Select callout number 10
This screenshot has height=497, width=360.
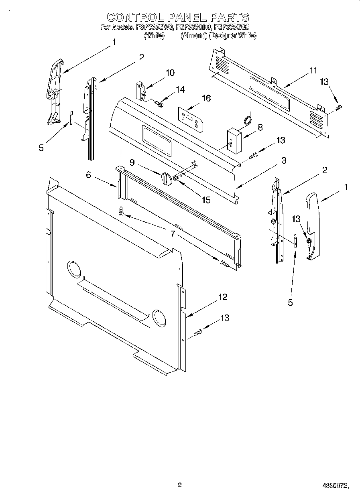170,73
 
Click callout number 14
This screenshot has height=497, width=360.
180,90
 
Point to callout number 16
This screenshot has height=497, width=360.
206,98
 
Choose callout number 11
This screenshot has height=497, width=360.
313,71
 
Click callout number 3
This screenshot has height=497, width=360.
283,161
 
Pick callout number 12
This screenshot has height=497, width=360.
222,297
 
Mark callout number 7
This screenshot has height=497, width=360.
173,234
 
